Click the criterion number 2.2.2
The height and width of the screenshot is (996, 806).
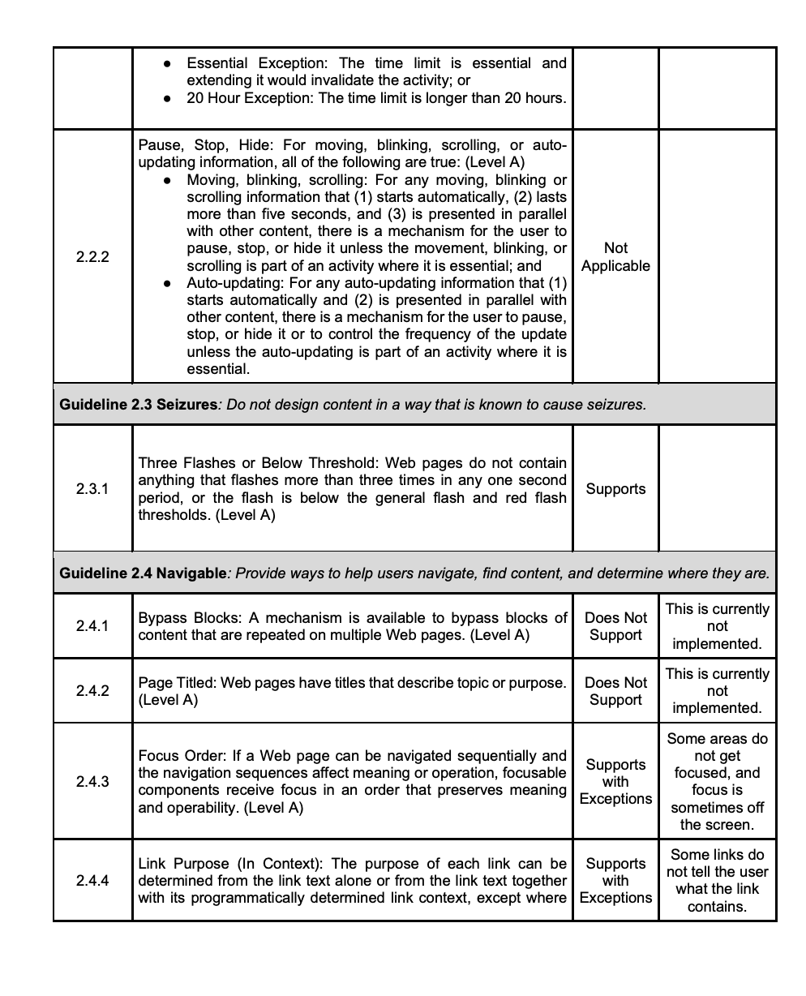pyautogui.click(x=92, y=257)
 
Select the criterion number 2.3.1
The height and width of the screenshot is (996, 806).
pyautogui.click(x=92, y=489)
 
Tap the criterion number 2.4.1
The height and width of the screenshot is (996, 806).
pyautogui.click(x=92, y=626)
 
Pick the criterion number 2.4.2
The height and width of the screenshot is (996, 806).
pyautogui.click(x=92, y=691)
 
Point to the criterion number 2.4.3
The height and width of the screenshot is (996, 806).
pyautogui.click(x=92, y=782)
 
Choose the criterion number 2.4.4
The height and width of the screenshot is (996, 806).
pyautogui.click(x=92, y=881)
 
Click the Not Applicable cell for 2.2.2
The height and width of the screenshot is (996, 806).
pyautogui.click(x=615, y=257)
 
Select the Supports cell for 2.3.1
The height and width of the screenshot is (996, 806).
pyautogui.click(x=615, y=489)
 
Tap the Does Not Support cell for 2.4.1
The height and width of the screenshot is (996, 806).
pyautogui.click(x=615, y=626)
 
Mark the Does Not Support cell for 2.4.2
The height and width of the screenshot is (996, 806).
pyautogui.click(x=615, y=691)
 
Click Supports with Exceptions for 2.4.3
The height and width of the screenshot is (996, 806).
pyautogui.click(x=615, y=782)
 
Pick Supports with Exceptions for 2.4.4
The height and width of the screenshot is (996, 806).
pyautogui.click(x=615, y=881)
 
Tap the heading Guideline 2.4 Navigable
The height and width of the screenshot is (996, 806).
pyautogui.click(x=144, y=573)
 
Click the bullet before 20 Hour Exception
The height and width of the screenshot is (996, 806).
pyautogui.click(x=167, y=99)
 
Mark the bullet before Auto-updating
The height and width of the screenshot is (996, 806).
pyautogui.click(x=167, y=284)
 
